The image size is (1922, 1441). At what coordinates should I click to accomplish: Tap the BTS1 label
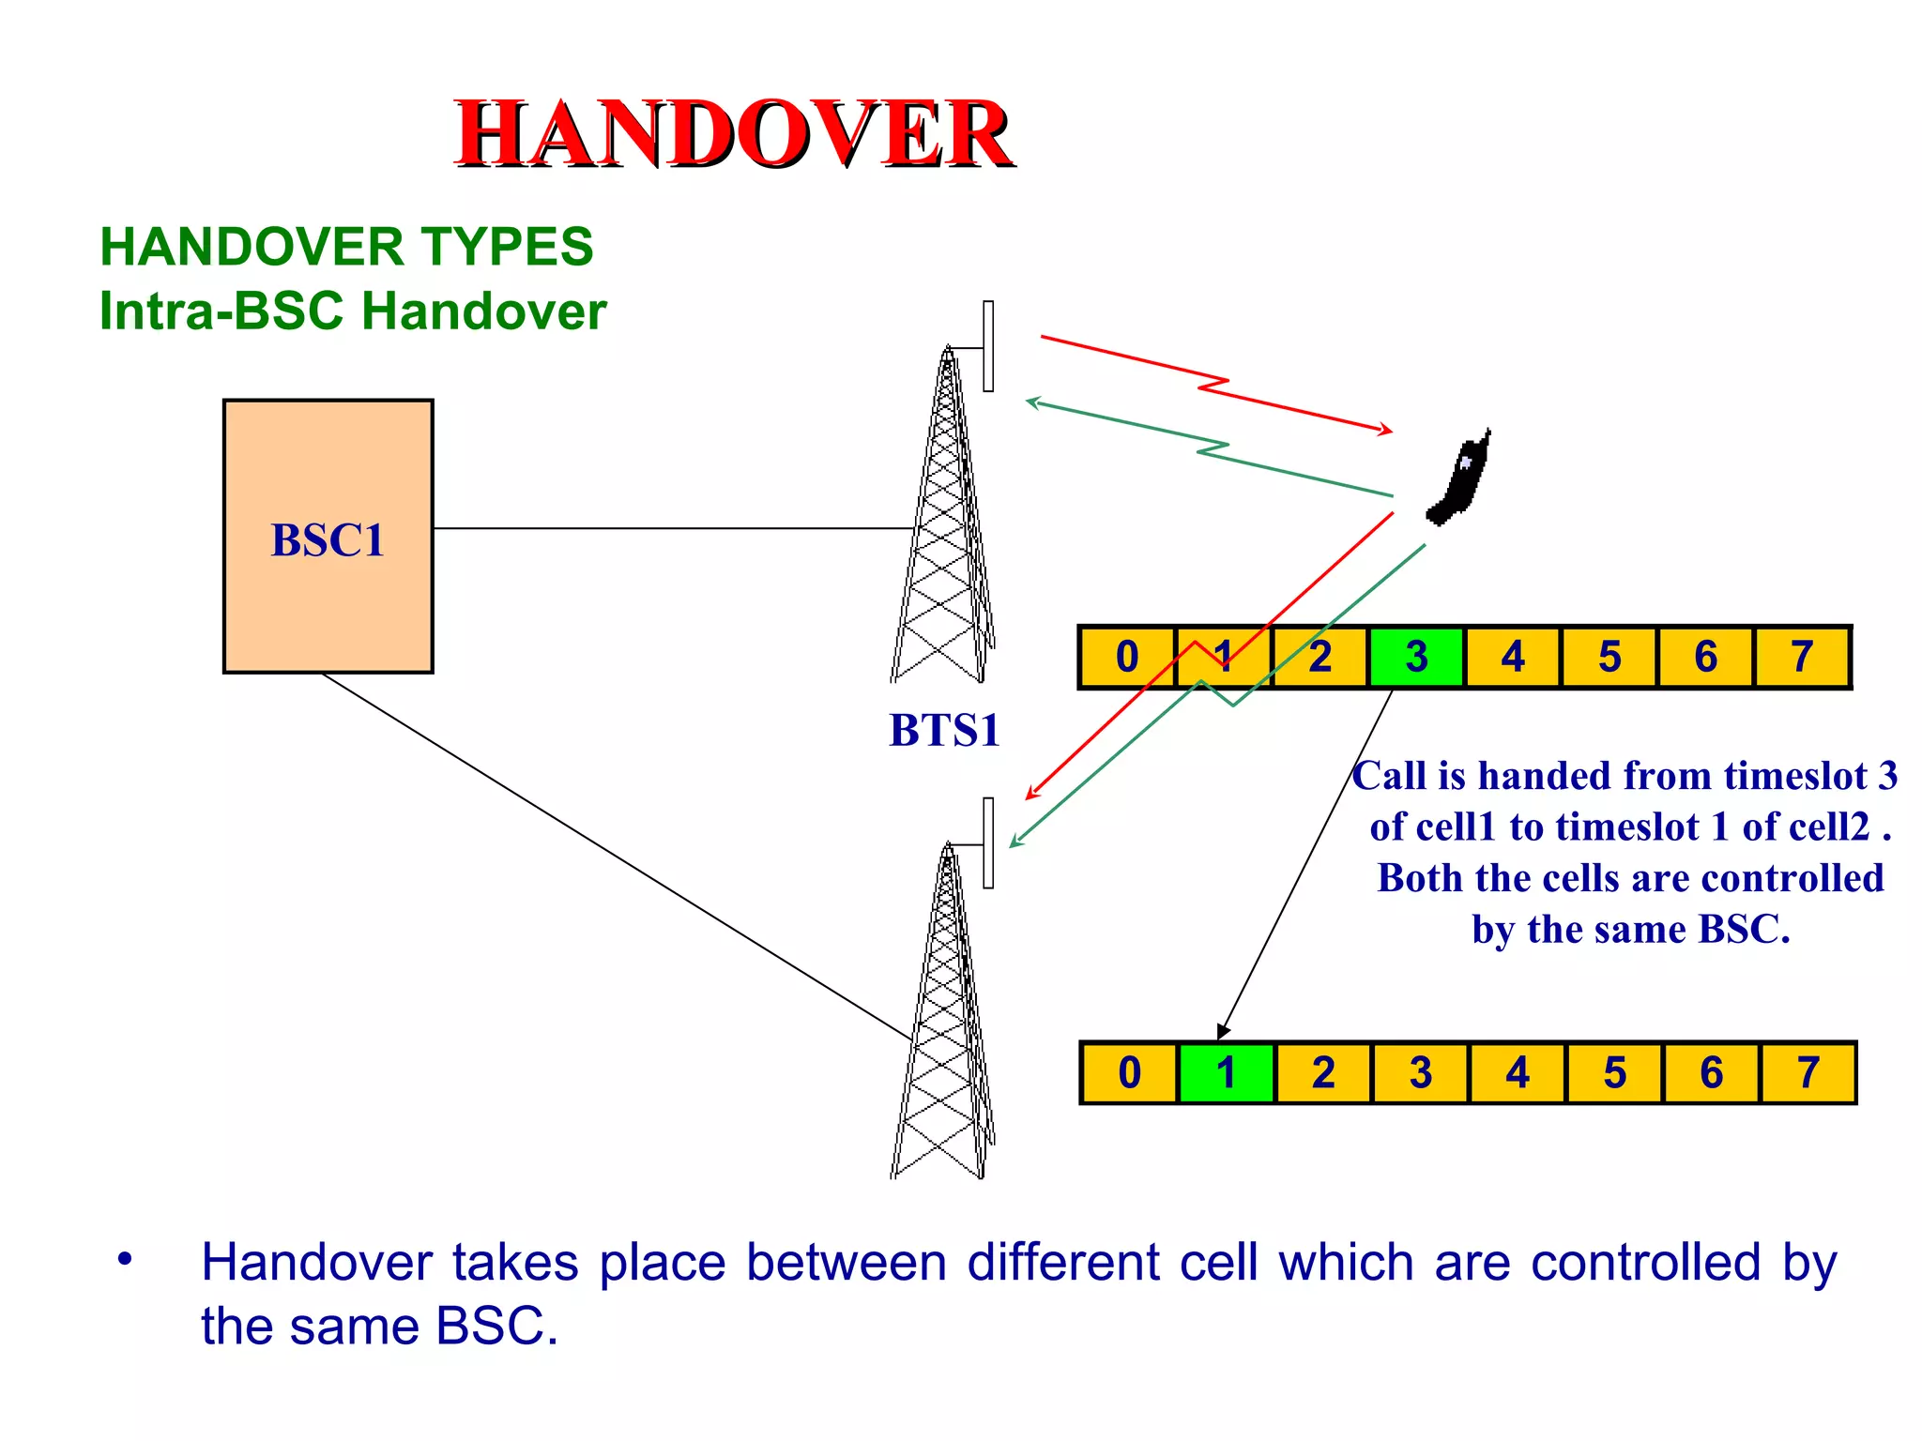[944, 730]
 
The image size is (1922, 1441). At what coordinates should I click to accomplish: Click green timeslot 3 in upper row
[1416, 657]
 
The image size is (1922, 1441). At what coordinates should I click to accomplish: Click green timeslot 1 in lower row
[1226, 1072]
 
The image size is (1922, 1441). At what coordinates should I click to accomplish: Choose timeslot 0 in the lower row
[1129, 1072]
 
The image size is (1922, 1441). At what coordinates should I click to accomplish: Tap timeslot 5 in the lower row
[1614, 1072]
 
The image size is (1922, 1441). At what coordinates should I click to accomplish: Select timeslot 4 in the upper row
[1513, 657]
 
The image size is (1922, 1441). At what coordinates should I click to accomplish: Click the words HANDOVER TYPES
[346, 247]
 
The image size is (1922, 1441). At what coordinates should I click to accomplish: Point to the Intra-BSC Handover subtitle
[353, 311]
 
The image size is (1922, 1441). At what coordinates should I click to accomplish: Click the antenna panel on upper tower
[988, 346]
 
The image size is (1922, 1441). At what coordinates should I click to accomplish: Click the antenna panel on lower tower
[988, 842]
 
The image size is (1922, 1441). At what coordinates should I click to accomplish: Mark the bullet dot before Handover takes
[125, 1259]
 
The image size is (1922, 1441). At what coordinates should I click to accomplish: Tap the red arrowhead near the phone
[1386, 430]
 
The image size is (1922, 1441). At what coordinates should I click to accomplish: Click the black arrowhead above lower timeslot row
[1222, 1031]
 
